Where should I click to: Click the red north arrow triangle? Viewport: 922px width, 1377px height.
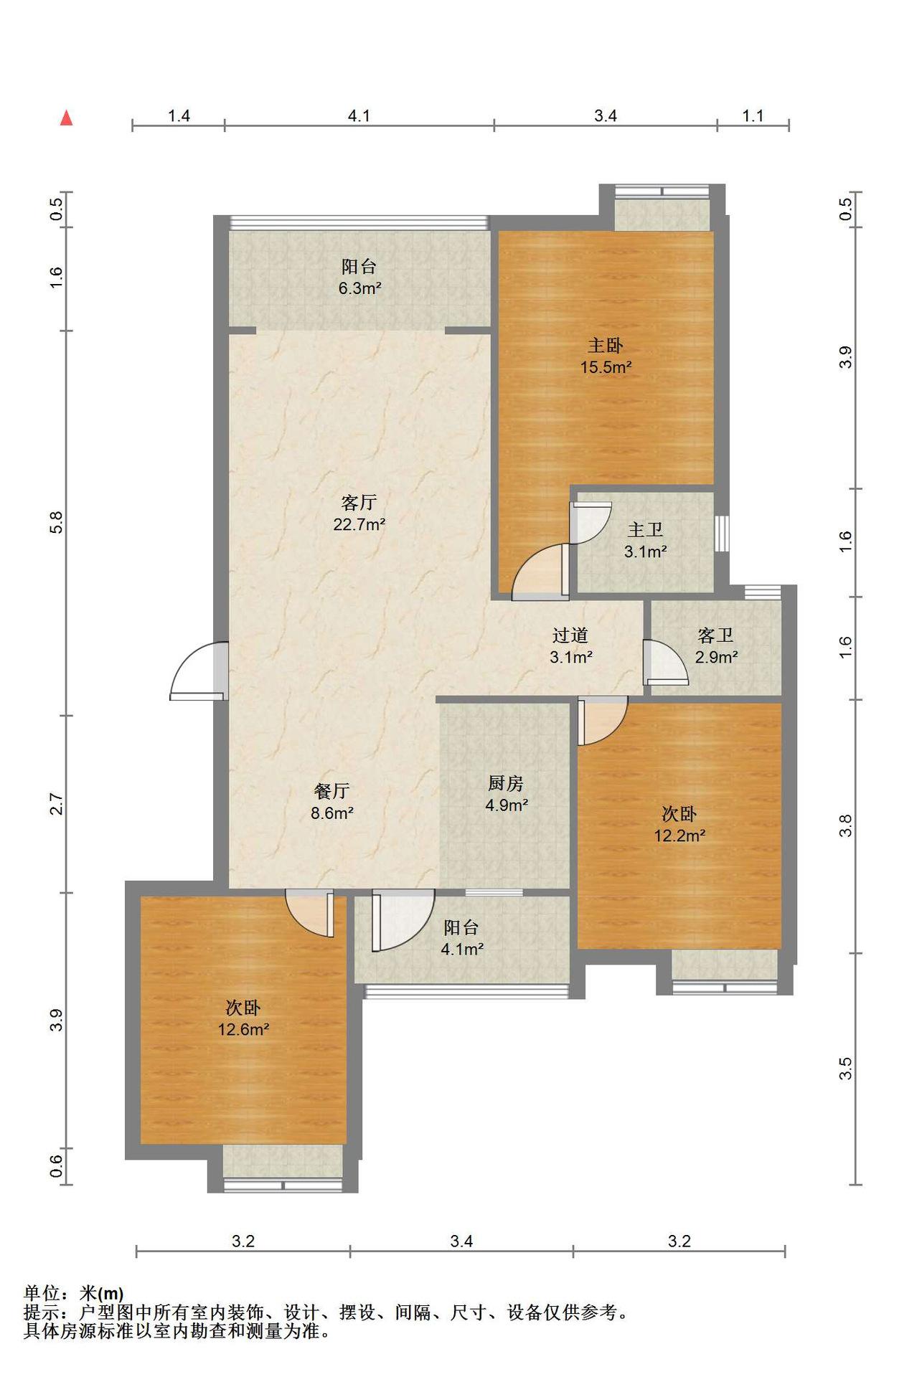[67, 118]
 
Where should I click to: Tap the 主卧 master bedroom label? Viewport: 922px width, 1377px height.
[605, 346]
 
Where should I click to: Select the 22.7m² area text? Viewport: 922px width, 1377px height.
[359, 524]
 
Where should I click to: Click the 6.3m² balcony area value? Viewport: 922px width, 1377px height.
[359, 289]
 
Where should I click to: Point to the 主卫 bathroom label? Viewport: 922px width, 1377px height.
[645, 530]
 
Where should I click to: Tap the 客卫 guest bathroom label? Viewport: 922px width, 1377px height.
[715, 635]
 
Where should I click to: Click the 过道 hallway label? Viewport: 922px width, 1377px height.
[570, 635]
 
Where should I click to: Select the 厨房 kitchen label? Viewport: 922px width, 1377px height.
[506, 784]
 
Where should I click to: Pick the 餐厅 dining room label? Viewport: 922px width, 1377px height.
[331, 791]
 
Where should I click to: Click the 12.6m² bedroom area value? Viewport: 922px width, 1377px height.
[244, 1030]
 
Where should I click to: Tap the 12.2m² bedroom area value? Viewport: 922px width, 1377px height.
[679, 836]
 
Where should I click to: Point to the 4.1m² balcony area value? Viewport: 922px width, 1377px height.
[462, 950]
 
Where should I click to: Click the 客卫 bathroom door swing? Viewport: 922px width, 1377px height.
[666, 661]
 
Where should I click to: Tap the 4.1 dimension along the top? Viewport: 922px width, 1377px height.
[359, 115]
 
